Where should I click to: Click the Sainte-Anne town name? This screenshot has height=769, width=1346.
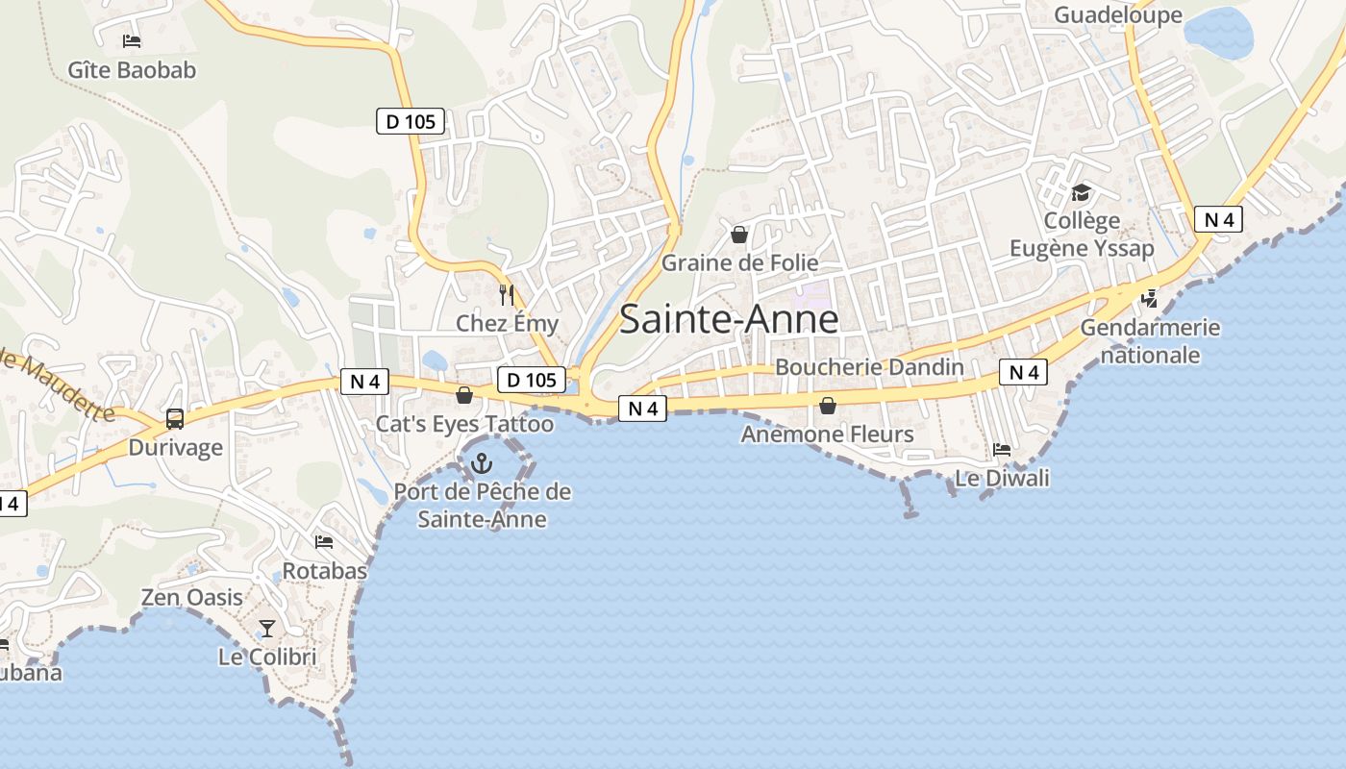[x=729, y=319]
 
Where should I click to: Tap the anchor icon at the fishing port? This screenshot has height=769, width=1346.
[x=481, y=464]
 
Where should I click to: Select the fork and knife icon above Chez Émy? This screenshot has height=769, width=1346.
[x=507, y=294]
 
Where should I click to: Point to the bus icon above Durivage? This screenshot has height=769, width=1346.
[x=175, y=418]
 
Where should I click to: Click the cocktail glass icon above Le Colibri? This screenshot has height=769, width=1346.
[x=267, y=629]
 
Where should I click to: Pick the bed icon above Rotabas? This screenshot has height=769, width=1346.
[x=324, y=542]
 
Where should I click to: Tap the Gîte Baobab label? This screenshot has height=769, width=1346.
[x=132, y=70]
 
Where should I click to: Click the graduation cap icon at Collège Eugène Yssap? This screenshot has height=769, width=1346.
[x=1082, y=192]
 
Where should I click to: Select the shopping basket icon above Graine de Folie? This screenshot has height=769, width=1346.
[x=739, y=234]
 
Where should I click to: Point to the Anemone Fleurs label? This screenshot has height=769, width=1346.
[x=827, y=434]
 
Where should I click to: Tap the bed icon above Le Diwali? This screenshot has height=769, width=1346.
[x=1002, y=449]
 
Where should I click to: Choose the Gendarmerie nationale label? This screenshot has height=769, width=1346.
[x=1150, y=341]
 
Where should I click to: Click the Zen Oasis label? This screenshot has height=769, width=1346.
[x=192, y=597]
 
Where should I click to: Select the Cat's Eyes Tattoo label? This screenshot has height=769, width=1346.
[x=464, y=424]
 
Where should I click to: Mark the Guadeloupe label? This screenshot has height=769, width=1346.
[x=1118, y=14]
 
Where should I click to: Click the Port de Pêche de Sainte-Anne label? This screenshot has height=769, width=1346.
[x=482, y=506]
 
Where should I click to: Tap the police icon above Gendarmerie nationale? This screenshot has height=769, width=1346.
[x=1149, y=299]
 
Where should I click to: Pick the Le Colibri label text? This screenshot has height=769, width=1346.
[x=267, y=657]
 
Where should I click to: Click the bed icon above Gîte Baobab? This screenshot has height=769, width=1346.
[x=132, y=41]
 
